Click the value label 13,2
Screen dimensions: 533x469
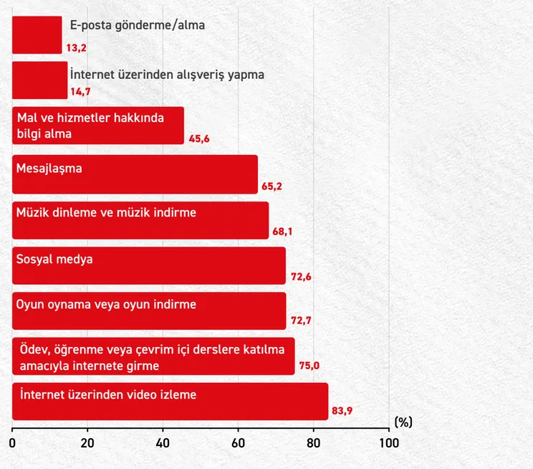76,48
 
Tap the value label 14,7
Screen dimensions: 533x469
80,92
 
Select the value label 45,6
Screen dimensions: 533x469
199,139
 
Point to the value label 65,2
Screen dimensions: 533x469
272,186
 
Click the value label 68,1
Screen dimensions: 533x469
282,232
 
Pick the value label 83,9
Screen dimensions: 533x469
342,411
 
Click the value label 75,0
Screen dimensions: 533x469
309,366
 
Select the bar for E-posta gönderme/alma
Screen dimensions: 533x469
37,35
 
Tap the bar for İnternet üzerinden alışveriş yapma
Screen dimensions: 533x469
40,80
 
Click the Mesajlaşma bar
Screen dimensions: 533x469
135,174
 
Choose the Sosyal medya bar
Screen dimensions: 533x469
149,266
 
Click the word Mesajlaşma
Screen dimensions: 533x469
49,169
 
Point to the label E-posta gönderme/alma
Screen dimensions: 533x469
138,26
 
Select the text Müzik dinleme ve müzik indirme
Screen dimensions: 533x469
106,213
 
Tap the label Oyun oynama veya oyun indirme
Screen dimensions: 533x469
106,305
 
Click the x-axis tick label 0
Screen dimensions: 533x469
12,443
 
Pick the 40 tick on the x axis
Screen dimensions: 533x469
163,443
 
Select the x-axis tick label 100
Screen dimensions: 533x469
389,443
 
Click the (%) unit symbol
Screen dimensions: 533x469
403,422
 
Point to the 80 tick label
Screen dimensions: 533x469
313,443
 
